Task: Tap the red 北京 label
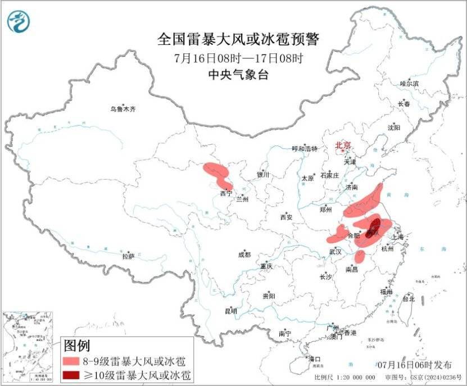[x=343, y=146]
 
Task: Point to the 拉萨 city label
[x=129, y=256]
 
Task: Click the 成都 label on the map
[x=244, y=255]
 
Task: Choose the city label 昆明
[x=231, y=311]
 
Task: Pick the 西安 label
[x=287, y=217]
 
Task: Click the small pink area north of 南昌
[x=360, y=257]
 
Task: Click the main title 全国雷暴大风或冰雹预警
[x=238, y=39]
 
